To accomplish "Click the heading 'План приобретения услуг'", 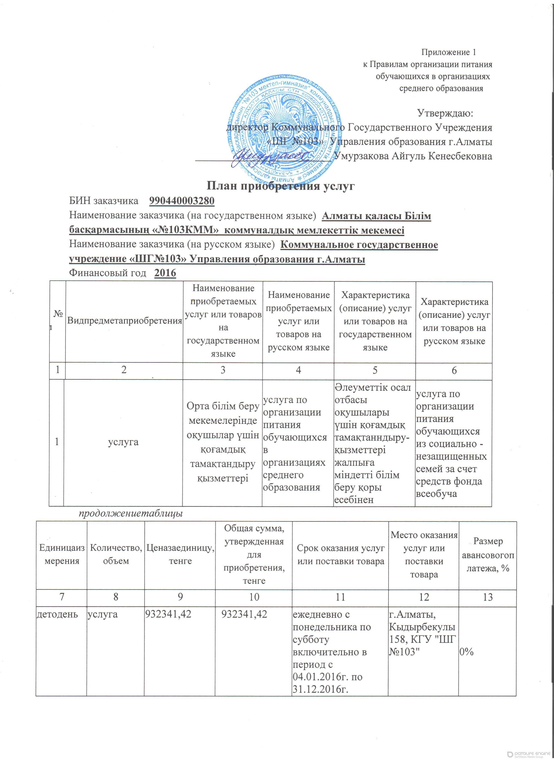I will (x=280, y=186).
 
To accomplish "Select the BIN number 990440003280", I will (x=181, y=201).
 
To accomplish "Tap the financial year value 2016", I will (x=165, y=273).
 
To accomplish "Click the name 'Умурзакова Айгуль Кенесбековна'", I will (x=414, y=156).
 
